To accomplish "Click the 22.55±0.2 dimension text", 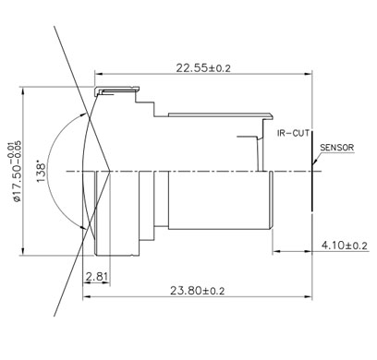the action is tap(203, 67).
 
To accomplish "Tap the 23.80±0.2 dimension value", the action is tap(198, 290).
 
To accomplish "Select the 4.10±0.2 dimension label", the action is tap(345, 246).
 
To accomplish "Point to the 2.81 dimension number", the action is tap(97, 277).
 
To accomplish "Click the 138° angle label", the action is tap(42, 171).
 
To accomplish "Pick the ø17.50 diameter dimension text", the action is tap(17, 172).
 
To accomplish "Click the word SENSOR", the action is tap(337, 148).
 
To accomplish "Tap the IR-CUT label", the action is tap(293, 133).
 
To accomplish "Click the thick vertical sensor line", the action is tap(311, 171).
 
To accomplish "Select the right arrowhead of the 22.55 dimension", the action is tap(308, 74).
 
